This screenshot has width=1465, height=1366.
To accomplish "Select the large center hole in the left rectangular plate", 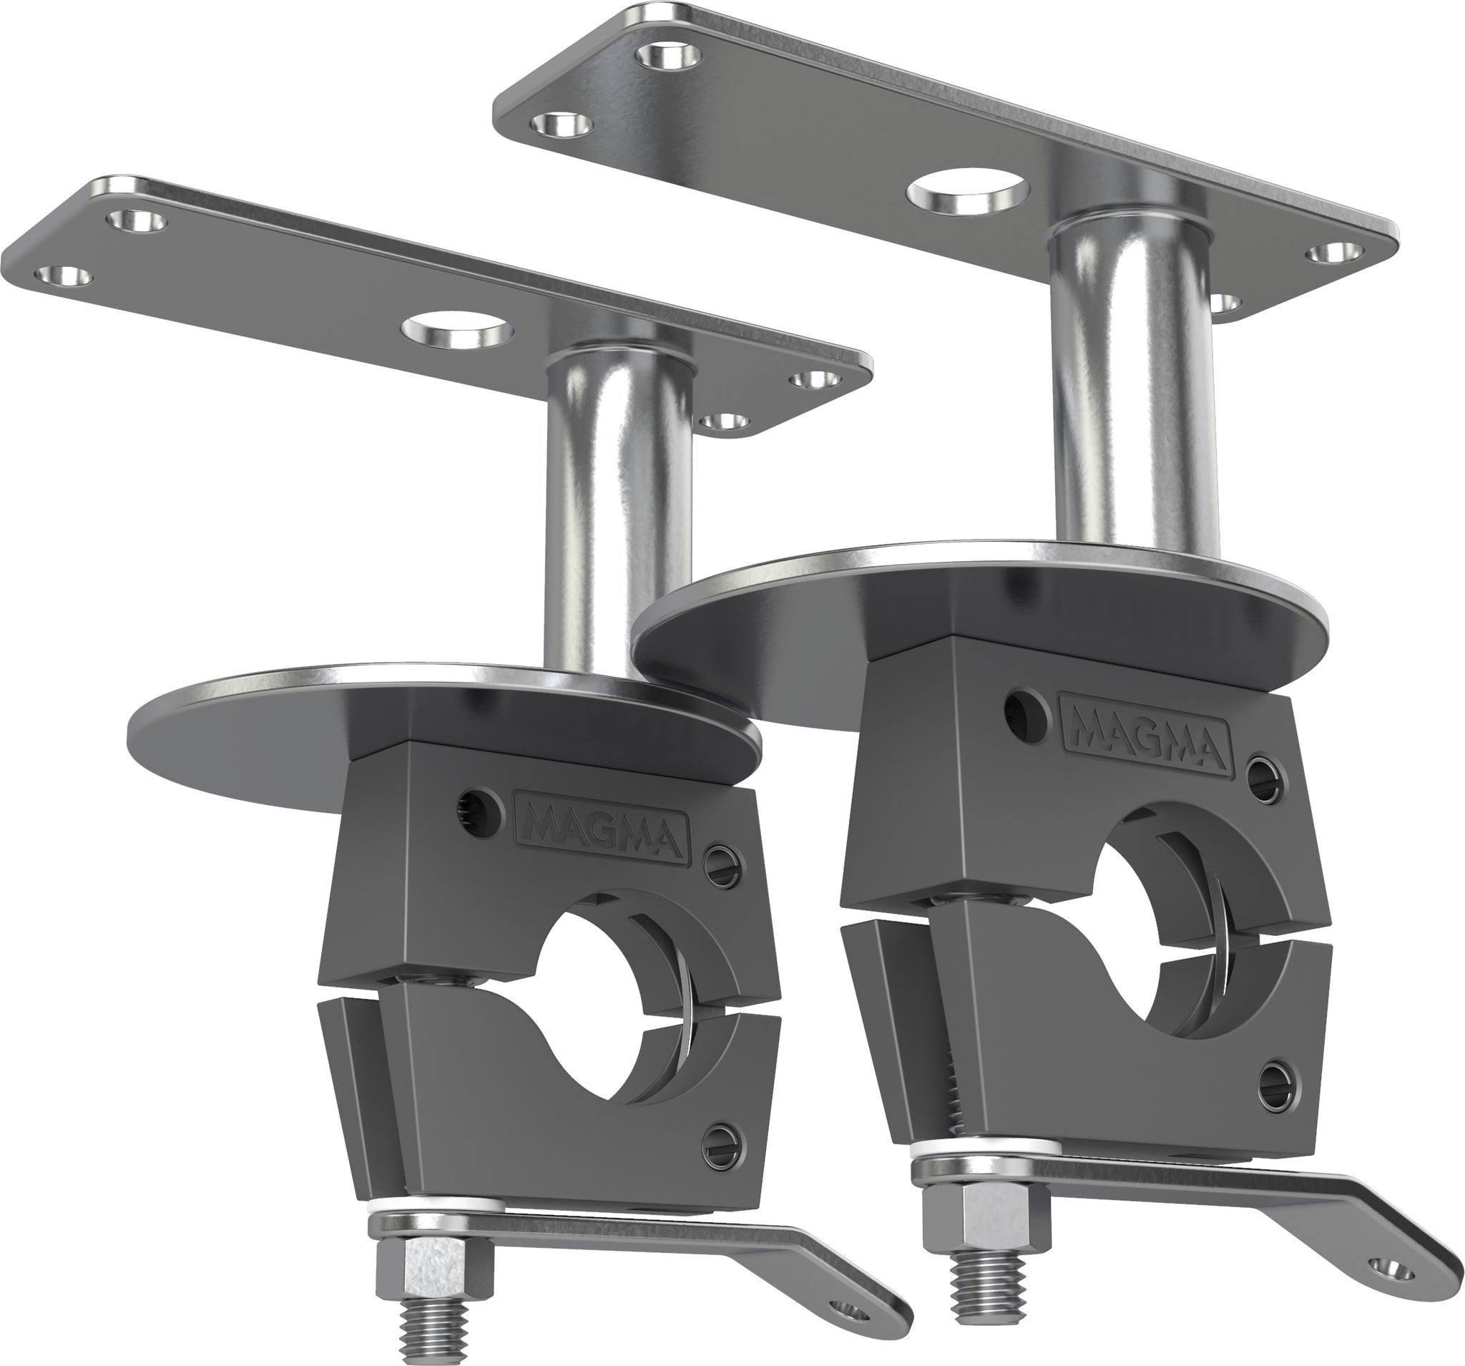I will point(459,332).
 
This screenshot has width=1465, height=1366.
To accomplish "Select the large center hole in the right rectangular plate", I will point(971,193).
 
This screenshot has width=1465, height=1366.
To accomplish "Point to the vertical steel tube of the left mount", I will point(617,509).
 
